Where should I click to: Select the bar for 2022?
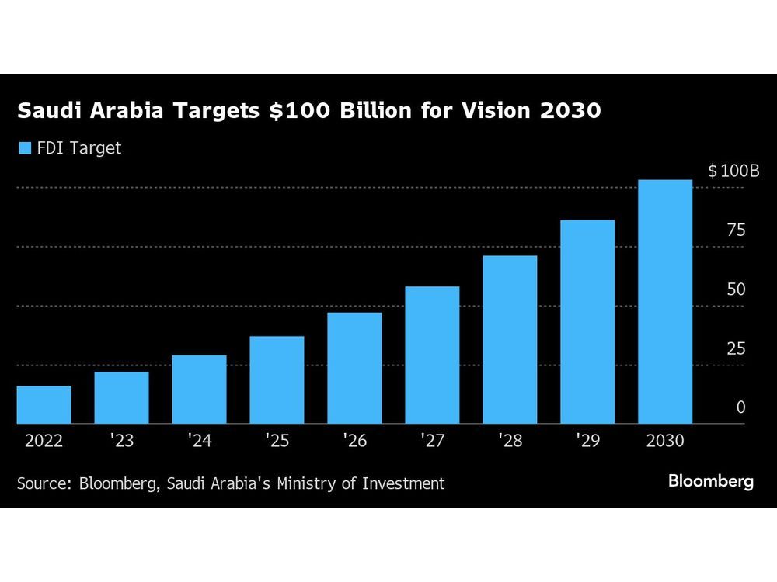pyautogui.click(x=44, y=404)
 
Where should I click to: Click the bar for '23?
pyautogui.click(x=121, y=397)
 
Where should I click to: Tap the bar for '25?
pyautogui.click(x=277, y=379)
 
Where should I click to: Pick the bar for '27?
pyautogui.click(x=432, y=355)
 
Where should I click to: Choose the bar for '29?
pyautogui.click(x=587, y=322)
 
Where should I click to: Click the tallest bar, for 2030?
pyautogui.click(x=665, y=302)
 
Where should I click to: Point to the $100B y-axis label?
pyautogui.click(x=733, y=171)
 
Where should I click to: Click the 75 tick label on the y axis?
pyautogui.click(x=736, y=230)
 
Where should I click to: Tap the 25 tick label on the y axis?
pyautogui.click(x=736, y=348)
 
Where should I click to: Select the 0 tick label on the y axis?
pyautogui.click(x=740, y=407)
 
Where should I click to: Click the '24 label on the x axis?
pyautogui.click(x=199, y=442)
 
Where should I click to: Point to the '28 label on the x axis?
pyautogui.click(x=510, y=442)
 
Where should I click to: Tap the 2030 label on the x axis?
pyautogui.click(x=665, y=442)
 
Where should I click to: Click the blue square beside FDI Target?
pyautogui.click(x=24, y=148)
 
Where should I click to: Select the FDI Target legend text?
pyautogui.click(x=79, y=148)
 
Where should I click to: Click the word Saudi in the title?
pyautogui.click(x=48, y=112)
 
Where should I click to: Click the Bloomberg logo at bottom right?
pyautogui.click(x=710, y=482)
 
